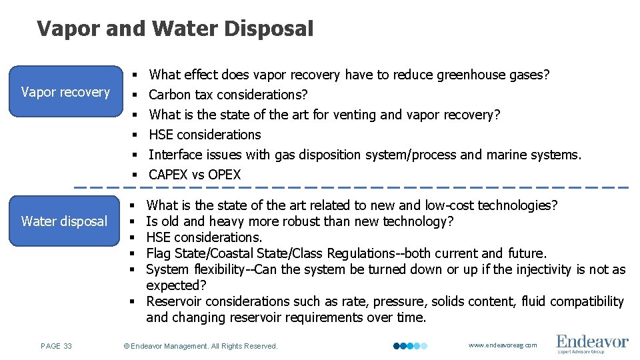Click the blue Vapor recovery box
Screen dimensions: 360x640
pos(65,92)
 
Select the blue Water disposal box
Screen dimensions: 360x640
pos(65,221)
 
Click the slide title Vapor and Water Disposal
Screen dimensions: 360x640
pos(175,29)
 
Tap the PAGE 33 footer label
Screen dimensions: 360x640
pos(57,346)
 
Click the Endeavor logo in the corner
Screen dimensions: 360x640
pos(592,344)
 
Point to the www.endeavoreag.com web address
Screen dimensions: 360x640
pos(503,345)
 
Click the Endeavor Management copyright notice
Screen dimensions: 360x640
pos(201,346)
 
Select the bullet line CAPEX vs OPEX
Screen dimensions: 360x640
pos(195,175)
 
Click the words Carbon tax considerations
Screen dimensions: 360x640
pos(228,95)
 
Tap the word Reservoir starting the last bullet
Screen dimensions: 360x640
pos(174,301)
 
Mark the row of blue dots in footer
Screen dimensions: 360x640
pos(409,346)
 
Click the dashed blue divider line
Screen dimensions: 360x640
pos(351,187)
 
